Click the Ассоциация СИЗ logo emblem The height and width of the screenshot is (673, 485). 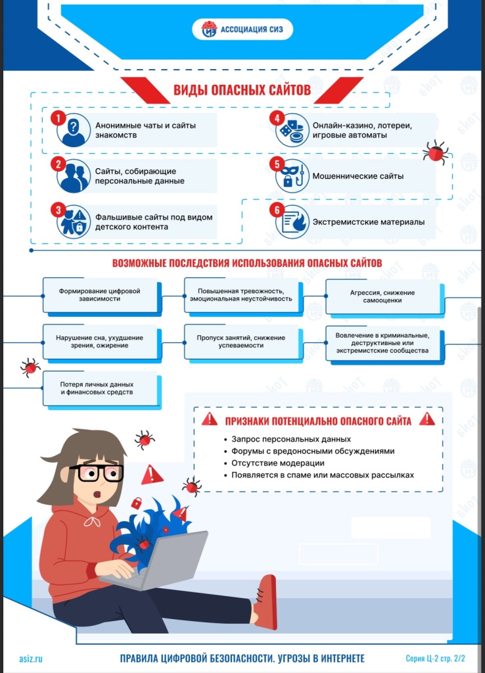[209, 29]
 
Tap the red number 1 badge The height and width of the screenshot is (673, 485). [58, 118]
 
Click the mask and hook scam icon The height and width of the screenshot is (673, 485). [292, 176]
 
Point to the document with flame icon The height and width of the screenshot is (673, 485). [292, 222]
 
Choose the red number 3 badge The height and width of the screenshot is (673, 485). [58, 210]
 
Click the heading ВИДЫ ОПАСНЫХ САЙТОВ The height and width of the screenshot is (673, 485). [242, 89]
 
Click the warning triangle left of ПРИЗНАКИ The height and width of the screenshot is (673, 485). [210, 419]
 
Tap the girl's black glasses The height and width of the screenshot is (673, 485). [96, 473]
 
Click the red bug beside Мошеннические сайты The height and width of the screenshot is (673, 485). [436, 152]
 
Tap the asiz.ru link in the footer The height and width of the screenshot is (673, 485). [31, 659]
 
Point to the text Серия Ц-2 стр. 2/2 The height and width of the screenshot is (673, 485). [435, 659]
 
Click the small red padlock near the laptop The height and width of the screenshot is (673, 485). [137, 503]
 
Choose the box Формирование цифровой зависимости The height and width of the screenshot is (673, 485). [100, 295]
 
